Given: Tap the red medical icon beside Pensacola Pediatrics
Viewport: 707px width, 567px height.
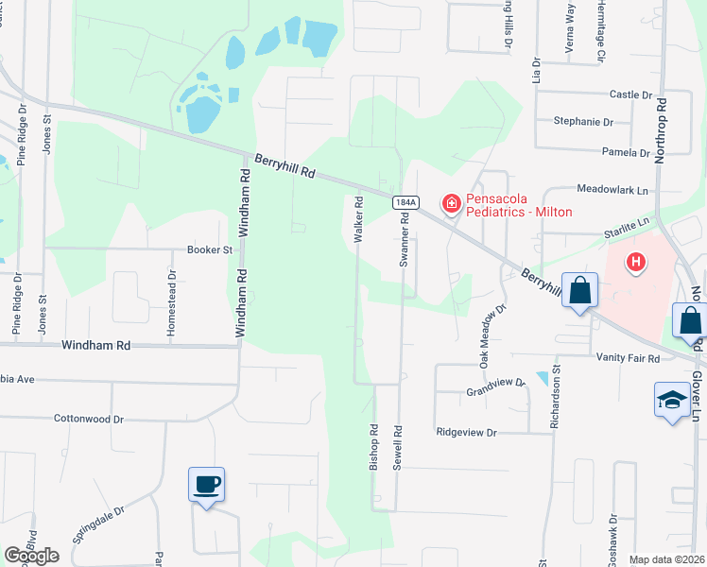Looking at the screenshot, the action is click(x=452, y=203).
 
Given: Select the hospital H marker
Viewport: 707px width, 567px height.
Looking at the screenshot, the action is click(x=637, y=262).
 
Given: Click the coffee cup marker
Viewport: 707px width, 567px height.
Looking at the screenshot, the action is click(x=207, y=486).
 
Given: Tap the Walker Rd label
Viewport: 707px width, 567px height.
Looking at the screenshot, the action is click(x=358, y=219).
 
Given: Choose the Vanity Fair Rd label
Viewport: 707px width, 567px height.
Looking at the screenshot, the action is click(x=628, y=358).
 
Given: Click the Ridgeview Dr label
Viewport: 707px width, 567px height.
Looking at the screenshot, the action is click(x=466, y=432).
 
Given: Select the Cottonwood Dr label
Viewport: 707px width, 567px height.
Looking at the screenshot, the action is click(x=89, y=418).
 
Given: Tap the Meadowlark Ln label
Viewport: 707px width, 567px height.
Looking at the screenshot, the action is click(x=613, y=189).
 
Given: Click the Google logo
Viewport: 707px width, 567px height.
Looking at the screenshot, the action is click(x=31, y=556).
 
